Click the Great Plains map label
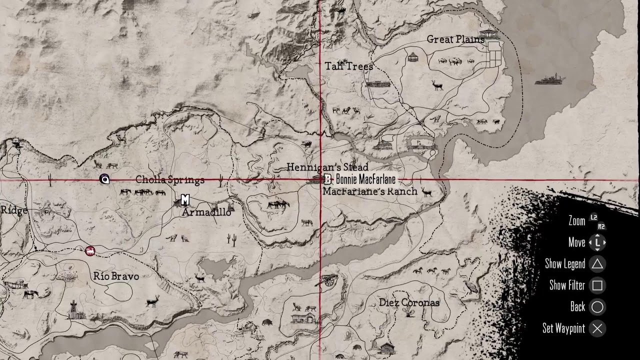[x=455, y=39]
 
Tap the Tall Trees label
[x=349, y=66]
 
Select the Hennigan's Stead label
[x=327, y=167]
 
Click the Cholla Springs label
[x=170, y=180]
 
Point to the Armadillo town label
[x=206, y=212]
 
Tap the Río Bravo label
[x=116, y=276]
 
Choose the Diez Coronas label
[x=409, y=302]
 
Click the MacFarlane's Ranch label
[x=370, y=191]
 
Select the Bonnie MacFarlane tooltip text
[x=365, y=179]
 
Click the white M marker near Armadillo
[x=185, y=199]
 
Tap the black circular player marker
[x=104, y=179]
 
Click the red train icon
[x=90, y=251]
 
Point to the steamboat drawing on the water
[x=550, y=79]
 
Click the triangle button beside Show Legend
[x=597, y=264]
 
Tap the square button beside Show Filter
[x=597, y=285]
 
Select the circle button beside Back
[x=597, y=307]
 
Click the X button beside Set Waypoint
[x=597, y=328]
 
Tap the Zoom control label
[x=576, y=221]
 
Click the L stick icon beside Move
[x=597, y=242]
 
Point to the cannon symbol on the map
[x=328, y=280]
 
